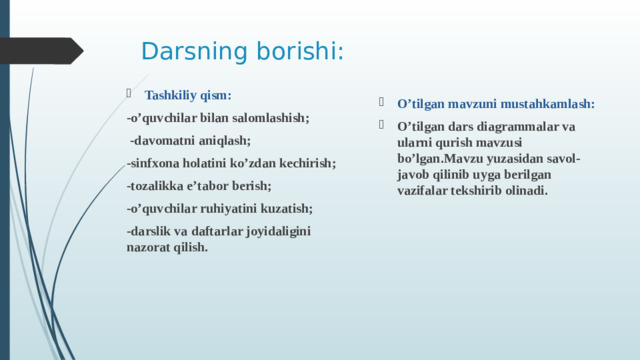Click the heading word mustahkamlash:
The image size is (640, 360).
[546, 103]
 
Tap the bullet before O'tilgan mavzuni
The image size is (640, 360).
[381, 103]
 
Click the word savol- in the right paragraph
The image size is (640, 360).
[566, 159]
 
